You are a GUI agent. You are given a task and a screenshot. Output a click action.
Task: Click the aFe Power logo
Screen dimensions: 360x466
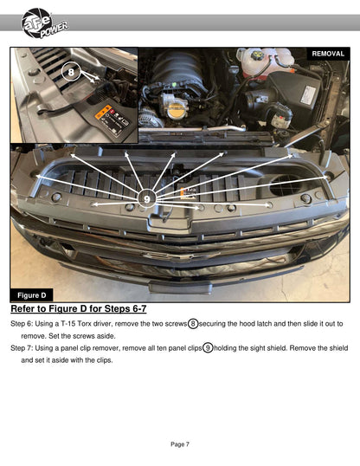click(44, 23)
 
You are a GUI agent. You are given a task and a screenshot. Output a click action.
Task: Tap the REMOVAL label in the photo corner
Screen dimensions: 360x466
click(328, 54)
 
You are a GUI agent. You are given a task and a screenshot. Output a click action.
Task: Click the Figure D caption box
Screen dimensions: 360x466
click(31, 295)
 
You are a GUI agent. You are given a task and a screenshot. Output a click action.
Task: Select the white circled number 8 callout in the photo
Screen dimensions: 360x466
click(71, 72)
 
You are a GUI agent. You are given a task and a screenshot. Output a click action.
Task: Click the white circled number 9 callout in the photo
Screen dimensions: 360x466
click(147, 198)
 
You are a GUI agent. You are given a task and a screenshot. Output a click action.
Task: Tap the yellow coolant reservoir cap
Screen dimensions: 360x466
click(257, 55)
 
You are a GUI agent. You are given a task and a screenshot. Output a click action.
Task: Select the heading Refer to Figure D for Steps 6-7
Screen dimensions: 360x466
click(79, 308)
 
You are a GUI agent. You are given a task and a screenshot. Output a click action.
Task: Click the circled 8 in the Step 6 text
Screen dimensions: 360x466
click(193, 323)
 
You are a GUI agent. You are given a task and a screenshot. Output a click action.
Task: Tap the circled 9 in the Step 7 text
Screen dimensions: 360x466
click(208, 347)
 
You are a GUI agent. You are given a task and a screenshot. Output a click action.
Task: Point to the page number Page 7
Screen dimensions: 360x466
click(180, 444)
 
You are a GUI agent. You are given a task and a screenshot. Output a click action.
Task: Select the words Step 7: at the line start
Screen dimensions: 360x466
click(22, 348)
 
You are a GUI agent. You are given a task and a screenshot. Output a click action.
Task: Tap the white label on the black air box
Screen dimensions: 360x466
click(308, 94)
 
